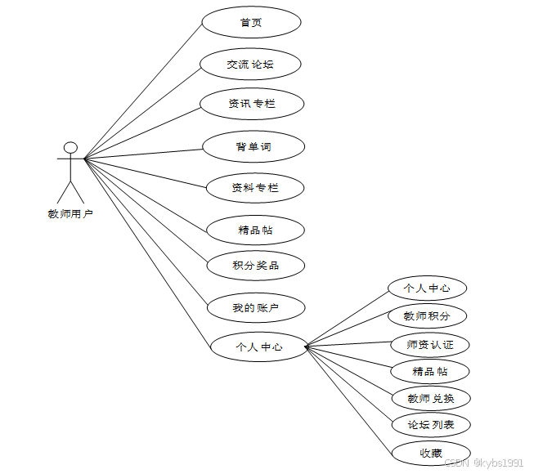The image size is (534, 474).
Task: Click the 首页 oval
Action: (x=250, y=23)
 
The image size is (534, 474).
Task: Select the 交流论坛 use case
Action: (x=250, y=64)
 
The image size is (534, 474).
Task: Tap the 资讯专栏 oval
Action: (x=252, y=104)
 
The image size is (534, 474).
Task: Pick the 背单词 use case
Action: (x=254, y=146)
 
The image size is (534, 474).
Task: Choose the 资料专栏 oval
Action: (x=254, y=188)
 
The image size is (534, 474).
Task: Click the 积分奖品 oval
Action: (x=255, y=265)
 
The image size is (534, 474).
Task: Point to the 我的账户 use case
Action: (x=255, y=308)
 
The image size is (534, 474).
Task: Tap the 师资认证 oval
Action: (x=430, y=344)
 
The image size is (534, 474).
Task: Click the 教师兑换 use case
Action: (x=430, y=398)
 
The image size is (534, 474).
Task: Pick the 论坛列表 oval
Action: (x=430, y=425)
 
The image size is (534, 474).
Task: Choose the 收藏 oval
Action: (x=431, y=453)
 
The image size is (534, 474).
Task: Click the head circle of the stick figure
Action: (x=71, y=148)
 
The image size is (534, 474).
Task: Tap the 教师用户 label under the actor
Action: (x=70, y=214)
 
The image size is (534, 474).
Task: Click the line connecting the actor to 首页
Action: (x=143, y=90)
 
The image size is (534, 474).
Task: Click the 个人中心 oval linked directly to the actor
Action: (x=258, y=347)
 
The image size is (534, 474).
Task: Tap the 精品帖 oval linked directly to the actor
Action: (x=255, y=230)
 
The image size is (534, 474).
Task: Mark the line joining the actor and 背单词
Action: (x=143, y=153)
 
